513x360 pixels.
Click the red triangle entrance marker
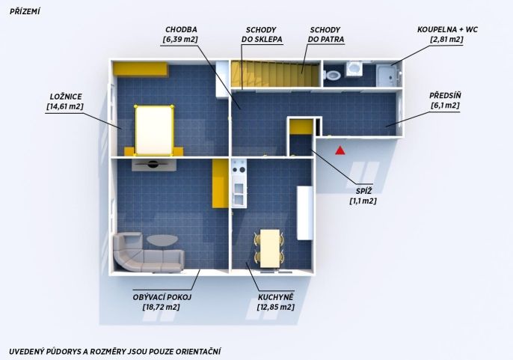click(340, 150)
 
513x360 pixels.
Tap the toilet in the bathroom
click(332, 76)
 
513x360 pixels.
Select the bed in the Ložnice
click(154, 130)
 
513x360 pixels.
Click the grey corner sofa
click(147, 252)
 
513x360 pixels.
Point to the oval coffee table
click(162, 240)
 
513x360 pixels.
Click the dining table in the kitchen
click(270, 248)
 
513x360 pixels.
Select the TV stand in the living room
click(154, 165)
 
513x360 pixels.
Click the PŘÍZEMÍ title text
click(25, 12)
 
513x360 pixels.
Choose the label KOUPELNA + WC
click(447, 30)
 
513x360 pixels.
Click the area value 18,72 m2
click(162, 308)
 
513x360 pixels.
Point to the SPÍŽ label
click(363, 191)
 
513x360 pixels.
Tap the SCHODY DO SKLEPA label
click(262, 34)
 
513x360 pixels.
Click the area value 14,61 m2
click(65, 106)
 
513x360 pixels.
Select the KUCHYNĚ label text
click(275, 297)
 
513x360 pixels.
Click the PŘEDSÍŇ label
click(445, 96)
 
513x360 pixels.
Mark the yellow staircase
click(275, 74)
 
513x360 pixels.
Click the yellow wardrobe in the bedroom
click(141, 69)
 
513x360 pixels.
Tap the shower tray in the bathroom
click(388, 76)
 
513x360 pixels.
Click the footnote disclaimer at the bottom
click(115, 352)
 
